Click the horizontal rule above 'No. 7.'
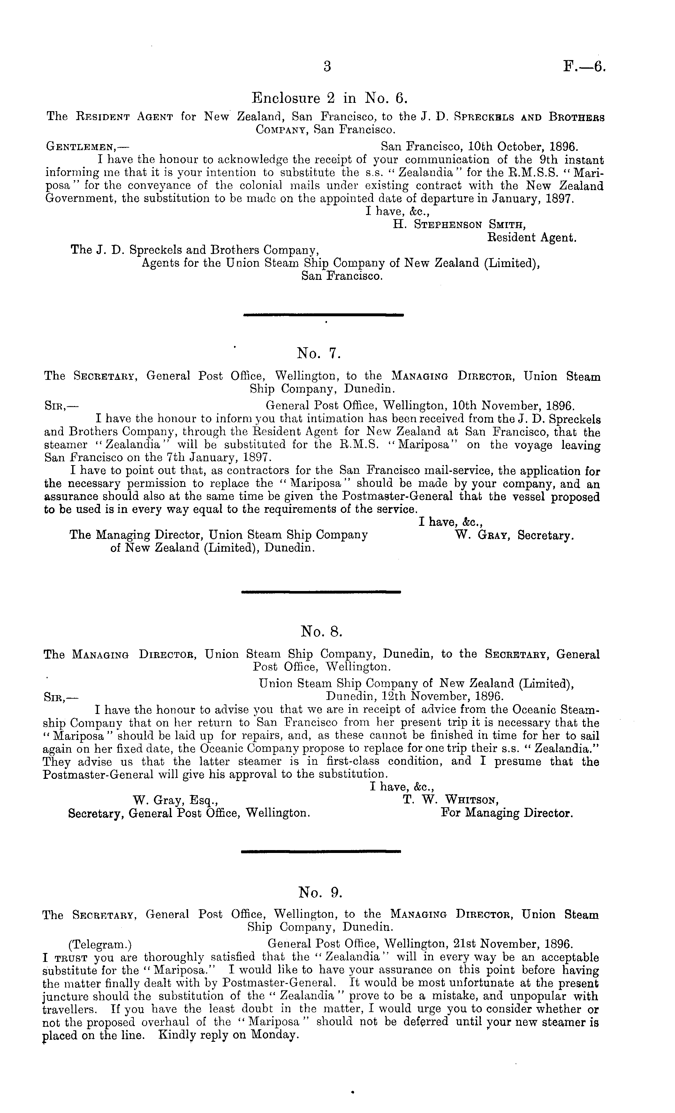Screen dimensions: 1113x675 323,314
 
